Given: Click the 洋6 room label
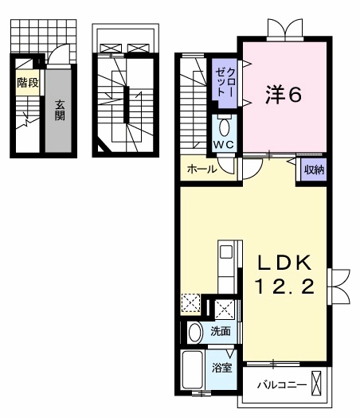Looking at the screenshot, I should click(x=283, y=95).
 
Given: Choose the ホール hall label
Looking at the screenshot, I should click(x=202, y=169).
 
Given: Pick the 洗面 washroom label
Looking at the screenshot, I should click(x=220, y=332).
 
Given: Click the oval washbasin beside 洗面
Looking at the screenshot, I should click(x=195, y=332).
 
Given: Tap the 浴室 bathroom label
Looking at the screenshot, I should click(x=221, y=368).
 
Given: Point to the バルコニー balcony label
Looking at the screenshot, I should click(x=281, y=385).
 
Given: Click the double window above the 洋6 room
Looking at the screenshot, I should click(x=285, y=29).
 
